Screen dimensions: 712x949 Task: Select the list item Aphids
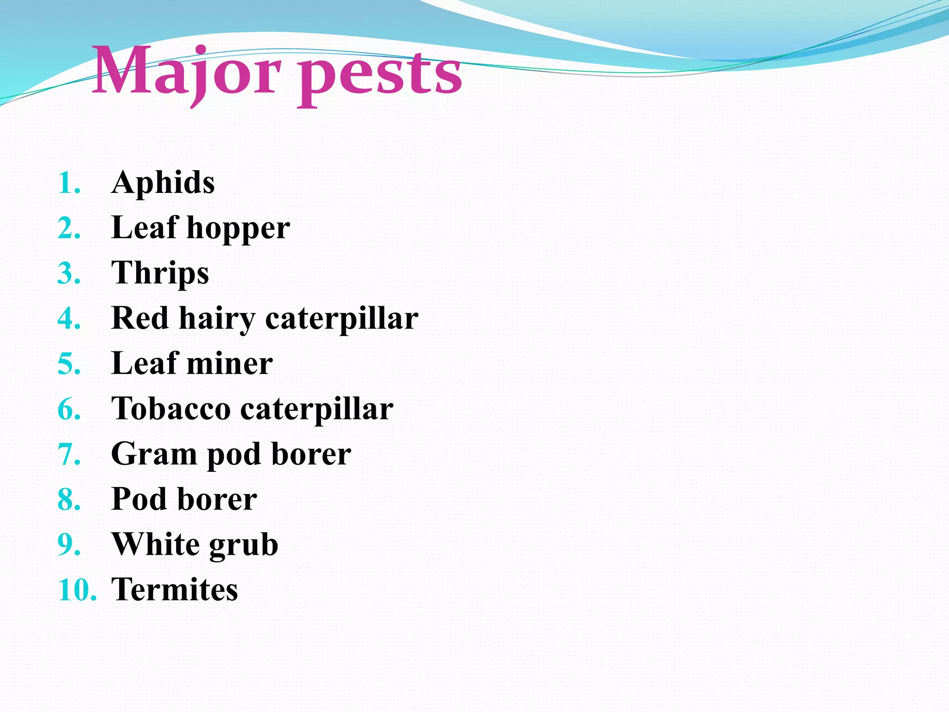click(163, 182)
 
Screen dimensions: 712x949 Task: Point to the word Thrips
click(160, 273)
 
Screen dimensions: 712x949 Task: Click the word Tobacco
click(171, 409)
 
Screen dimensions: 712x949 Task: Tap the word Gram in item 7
click(154, 454)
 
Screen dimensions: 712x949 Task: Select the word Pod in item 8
click(139, 499)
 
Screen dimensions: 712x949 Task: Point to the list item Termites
click(175, 590)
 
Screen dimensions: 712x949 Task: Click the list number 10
click(77, 591)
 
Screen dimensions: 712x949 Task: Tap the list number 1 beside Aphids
click(69, 183)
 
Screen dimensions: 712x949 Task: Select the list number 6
click(69, 410)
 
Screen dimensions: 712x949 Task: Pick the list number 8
click(69, 500)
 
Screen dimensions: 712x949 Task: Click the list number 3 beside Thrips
click(69, 273)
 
